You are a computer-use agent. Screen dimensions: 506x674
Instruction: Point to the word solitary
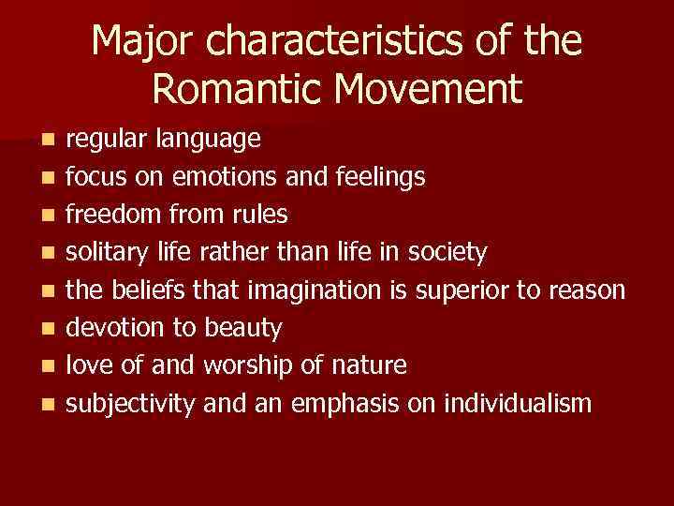(x=107, y=251)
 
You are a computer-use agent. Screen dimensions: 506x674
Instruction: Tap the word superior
(x=456, y=290)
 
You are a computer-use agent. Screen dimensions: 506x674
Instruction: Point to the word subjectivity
(x=132, y=404)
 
